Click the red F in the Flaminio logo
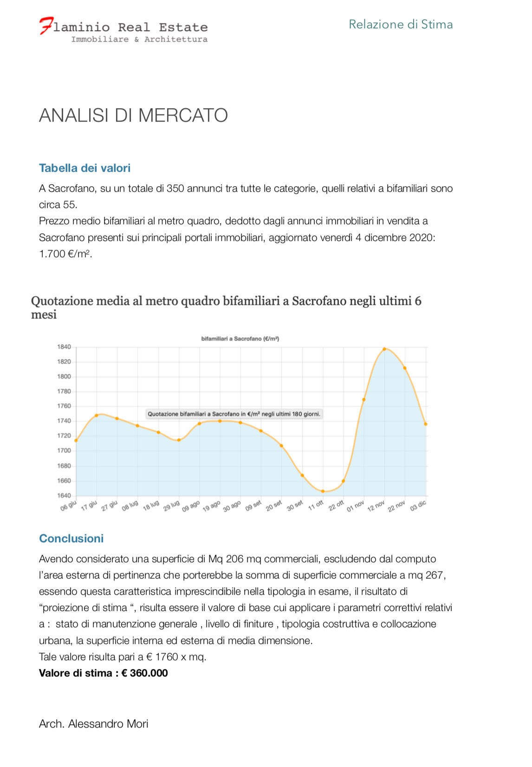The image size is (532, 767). tap(46, 26)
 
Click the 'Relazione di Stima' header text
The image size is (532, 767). tap(401, 24)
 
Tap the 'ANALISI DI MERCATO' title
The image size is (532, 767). tap(133, 115)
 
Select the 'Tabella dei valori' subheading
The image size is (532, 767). tap(84, 168)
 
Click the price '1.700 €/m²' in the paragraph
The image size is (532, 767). tap(65, 254)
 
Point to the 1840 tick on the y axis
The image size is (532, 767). tap(64, 347)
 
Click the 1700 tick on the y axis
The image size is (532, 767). tap(64, 450)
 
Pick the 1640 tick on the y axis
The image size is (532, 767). tap(64, 495)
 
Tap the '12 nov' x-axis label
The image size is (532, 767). tap(376, 506)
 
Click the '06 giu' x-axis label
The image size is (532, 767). tap(68, 506)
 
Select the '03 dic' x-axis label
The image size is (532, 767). tap(418, 506)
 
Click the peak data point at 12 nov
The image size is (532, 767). tap(384, 349)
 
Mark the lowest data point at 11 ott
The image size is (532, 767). tap(323, 491)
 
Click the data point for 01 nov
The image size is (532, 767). tap(364, 399)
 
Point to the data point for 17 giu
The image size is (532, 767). tap(97, 415)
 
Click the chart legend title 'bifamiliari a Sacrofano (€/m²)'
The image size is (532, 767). tap(240, 339)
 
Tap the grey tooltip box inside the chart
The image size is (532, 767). tap(234, 414)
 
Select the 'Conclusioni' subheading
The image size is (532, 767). tap(71, 539)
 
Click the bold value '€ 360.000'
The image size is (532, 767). tap(144, 673)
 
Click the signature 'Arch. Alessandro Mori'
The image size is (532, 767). tap(94, 724)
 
